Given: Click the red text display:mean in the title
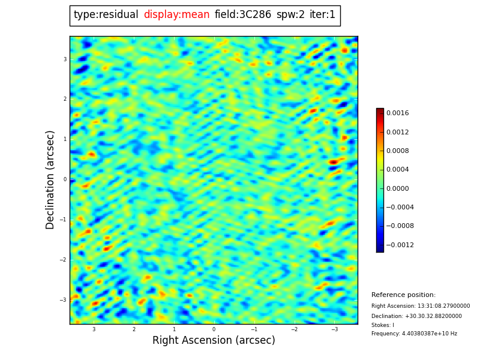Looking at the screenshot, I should [176, 15].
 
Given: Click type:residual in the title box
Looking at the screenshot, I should [106, 15].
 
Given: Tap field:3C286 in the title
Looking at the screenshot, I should [242, 15].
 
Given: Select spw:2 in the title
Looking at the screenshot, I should [290, 15].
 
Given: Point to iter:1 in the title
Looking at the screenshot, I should [322, 15].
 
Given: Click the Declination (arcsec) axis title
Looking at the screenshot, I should [51, 179].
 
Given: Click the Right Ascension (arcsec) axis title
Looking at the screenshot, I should [214, 341].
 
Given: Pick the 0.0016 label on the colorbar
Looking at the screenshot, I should [397, 113].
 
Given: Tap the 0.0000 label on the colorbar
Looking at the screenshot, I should [397, 188].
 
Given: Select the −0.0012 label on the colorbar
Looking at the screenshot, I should [400, 245].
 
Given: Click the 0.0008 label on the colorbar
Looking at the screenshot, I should [397, 151].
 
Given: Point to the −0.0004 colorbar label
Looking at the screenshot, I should [400, 207].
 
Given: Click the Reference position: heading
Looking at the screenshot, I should [403, 295].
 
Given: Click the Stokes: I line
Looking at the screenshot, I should [383, 325].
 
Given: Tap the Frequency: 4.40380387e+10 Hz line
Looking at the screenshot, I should [414, 334].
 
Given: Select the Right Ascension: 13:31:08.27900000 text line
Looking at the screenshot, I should [421, 306].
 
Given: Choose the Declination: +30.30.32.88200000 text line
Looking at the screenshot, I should [416, 316].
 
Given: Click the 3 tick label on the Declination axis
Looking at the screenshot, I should [65, 59].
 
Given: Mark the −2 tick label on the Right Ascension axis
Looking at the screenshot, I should [294, 329].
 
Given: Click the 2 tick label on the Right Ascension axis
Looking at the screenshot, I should [134, 329].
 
